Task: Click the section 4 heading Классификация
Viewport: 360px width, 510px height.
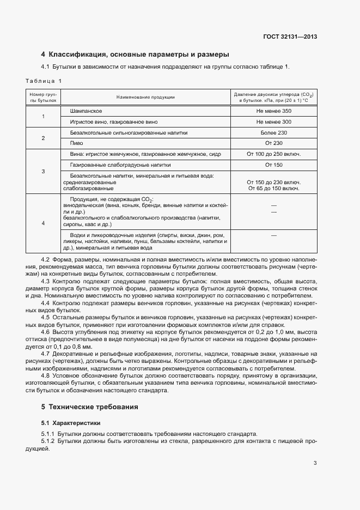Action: coord(135,54)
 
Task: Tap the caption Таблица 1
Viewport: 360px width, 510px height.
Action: coord(44,81)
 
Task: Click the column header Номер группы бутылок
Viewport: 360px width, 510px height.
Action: coord(43,97)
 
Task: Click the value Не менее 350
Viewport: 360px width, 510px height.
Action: coord(273,111)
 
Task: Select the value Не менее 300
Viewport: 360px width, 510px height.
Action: coord(273,122)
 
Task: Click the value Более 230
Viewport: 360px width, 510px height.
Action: coord(273,132)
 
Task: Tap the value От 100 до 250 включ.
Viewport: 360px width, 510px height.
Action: coord(273,154)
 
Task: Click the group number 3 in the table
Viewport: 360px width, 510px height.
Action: coord(43,172)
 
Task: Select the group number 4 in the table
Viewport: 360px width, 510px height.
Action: coord(43,223)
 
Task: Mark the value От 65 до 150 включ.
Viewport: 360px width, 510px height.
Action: coord(273,189)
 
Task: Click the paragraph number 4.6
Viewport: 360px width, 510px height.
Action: coord(46,332)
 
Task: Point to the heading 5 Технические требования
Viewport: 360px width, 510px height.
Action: coord(90,407)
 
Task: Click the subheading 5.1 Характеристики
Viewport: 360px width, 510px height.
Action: coord(71,423)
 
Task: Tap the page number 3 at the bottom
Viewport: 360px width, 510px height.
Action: coord(315,464)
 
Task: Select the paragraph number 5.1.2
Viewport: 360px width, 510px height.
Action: coord(49,441)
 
